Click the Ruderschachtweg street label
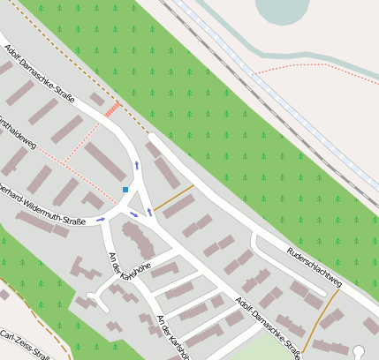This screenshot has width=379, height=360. coord(313,267)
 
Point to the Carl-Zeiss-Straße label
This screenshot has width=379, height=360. coord(26,346)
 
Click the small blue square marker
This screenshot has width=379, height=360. coord(125,190)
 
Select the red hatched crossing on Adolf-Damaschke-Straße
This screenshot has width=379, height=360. coord(112,109)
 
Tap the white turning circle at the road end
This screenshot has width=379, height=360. coord(359,353)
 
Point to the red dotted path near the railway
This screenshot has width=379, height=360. coord(300,66)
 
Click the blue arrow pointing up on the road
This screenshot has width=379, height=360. coord(136,165)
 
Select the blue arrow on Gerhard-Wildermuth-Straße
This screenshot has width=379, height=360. coord(100,219)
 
